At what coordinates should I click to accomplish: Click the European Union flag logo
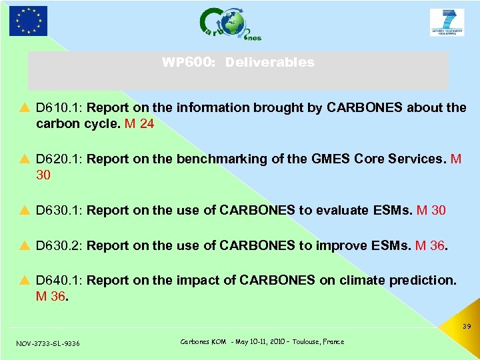tap(29, 21)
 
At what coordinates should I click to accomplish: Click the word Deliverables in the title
tap(269, 63)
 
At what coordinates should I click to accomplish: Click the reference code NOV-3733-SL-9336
tap(47, 343)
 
